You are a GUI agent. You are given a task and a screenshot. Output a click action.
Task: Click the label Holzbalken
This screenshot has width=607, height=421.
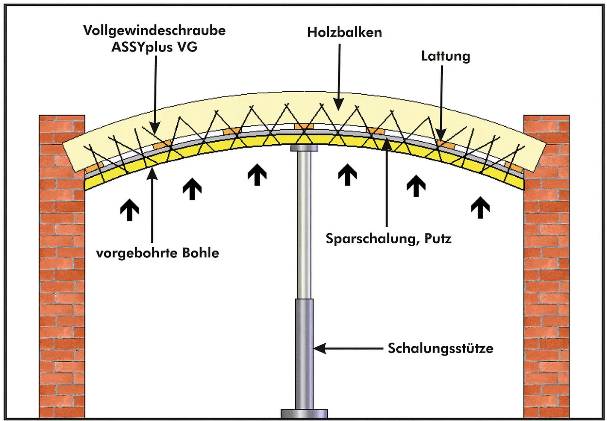click(345, 33)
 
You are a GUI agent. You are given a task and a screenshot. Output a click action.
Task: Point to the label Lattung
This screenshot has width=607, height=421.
click(445, 56)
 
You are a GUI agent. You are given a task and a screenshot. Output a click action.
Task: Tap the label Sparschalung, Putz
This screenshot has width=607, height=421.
click(388, 239)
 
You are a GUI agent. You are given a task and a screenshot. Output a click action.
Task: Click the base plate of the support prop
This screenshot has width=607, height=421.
click(304, 413)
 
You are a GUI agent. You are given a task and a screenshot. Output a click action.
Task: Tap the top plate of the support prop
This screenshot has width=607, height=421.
click(304, 147)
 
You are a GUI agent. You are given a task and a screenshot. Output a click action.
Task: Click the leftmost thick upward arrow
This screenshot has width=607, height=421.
click(130, 209)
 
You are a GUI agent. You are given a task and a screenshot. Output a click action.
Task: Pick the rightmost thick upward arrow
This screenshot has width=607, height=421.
click(480, 207)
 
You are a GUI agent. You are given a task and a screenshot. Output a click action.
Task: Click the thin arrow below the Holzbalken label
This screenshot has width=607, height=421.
click(339, 73)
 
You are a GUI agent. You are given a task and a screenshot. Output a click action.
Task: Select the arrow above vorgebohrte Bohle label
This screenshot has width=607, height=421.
click(152, 204)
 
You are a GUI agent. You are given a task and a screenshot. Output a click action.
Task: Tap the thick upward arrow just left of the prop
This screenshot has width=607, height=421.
click(257, 175)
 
